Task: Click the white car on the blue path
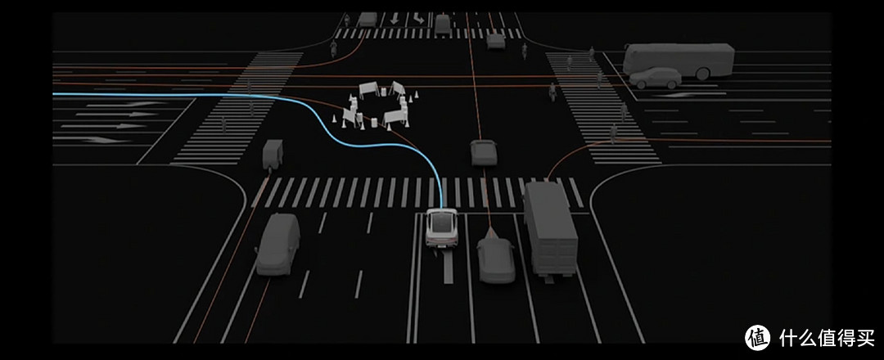441,227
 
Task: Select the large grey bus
679,60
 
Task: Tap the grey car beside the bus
655,79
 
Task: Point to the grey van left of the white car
278,244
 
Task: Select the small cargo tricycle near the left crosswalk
273,154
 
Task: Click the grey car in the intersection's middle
484,153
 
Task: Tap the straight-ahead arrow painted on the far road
395,19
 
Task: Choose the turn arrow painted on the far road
417,19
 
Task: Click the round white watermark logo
758,337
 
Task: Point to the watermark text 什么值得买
827,337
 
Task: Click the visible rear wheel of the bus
702,74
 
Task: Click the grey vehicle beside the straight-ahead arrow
368,19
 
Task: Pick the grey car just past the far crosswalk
496,41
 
